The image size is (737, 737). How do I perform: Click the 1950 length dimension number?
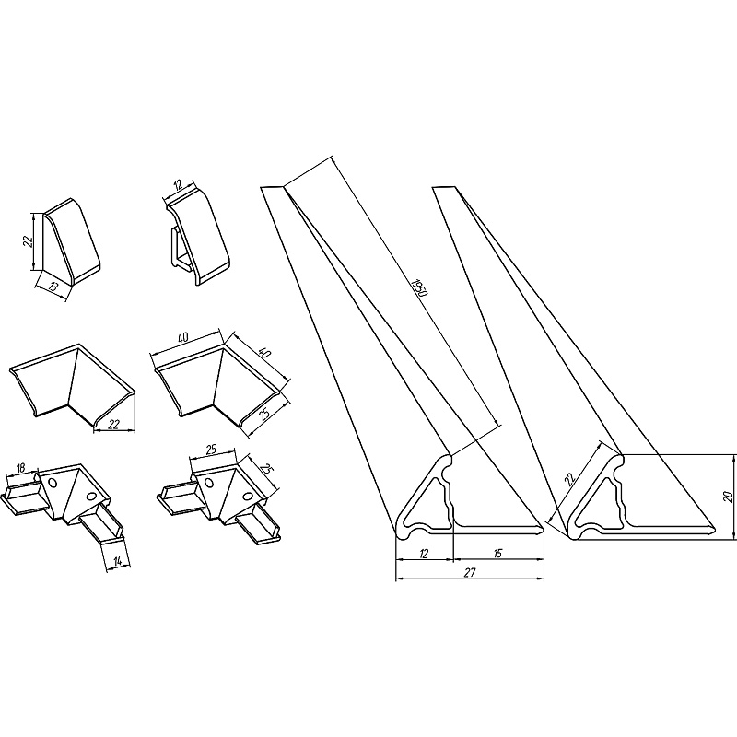(420, 287)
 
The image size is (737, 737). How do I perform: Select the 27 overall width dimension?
(470, 572)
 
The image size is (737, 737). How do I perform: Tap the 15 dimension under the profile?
(498, 554)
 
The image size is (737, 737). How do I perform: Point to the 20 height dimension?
(727, 496)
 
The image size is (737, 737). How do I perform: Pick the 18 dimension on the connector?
(20, 468)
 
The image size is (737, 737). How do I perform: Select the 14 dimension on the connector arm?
(118, 560)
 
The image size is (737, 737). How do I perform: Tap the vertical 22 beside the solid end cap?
(28, 241)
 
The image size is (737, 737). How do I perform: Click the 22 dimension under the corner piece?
(113, 425)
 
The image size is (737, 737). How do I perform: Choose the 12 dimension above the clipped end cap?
(178, 185)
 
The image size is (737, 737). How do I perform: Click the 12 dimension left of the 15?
(424, 554)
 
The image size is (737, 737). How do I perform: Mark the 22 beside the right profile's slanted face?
(569, 479)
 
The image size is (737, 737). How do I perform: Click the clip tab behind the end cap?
(177, 247)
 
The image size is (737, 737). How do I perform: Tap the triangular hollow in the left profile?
(424, 504)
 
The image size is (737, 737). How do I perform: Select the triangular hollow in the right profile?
(595, 504)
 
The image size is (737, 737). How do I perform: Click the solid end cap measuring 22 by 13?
(72, 241)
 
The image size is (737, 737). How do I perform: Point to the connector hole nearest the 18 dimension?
(53, 483)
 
